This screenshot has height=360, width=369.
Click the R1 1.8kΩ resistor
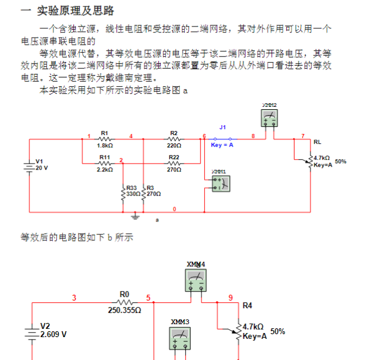[106, 139]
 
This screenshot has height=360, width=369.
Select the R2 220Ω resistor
[174, 139]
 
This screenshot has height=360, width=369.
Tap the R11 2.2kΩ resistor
[106, 163]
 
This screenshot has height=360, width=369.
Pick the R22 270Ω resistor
[174, 163]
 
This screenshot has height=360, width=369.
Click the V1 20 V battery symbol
[29, 165]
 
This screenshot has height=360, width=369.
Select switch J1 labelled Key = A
[222, 139]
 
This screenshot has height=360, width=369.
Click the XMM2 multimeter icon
[270, 119]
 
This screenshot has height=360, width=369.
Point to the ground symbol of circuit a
[136, 216]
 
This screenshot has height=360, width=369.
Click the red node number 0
[174, 209]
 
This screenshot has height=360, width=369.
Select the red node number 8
[253, 136]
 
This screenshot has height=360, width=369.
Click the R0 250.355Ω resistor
[124, 301]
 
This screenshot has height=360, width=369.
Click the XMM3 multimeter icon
[180, 338]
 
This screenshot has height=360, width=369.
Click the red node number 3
[74, 297]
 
